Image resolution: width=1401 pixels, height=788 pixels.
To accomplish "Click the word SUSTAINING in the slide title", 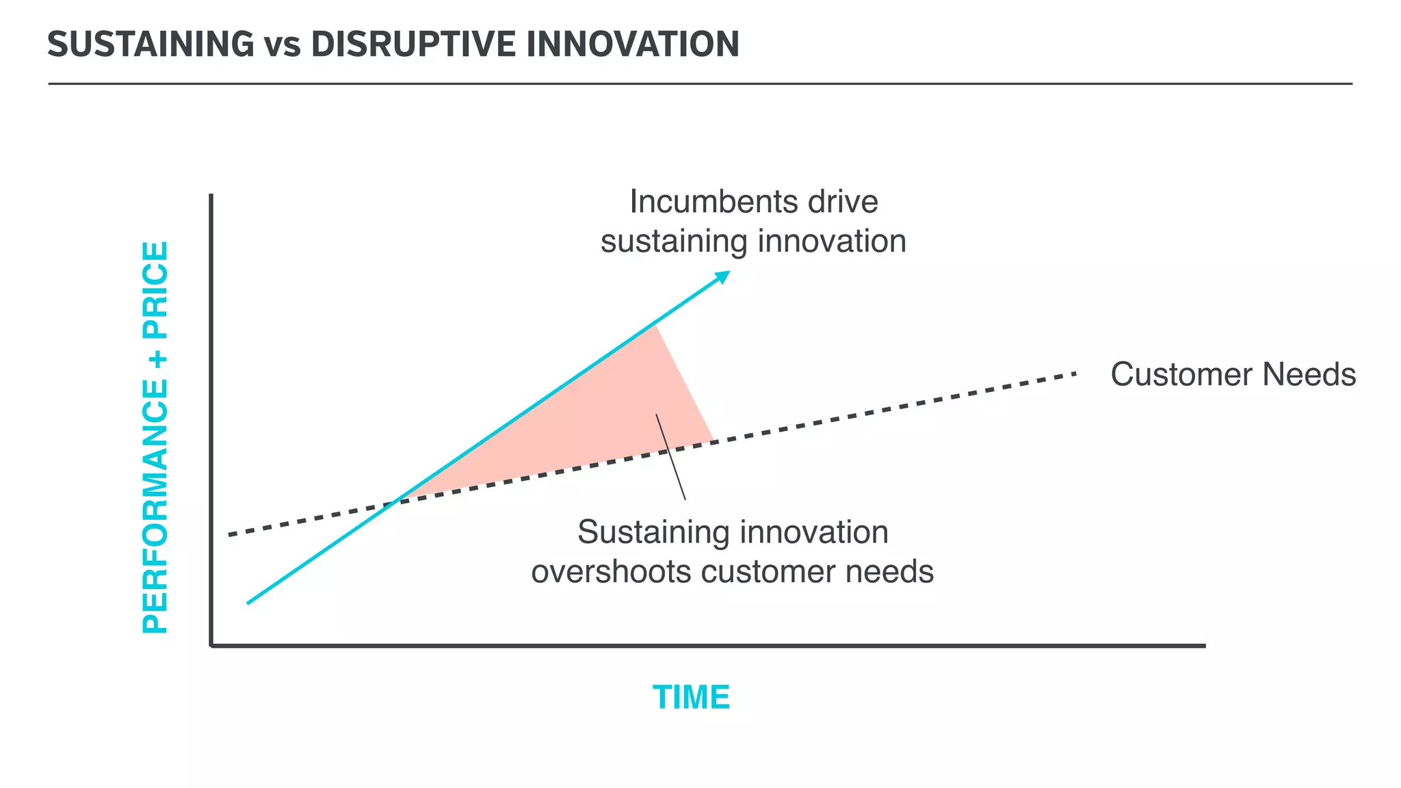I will pos(150,44).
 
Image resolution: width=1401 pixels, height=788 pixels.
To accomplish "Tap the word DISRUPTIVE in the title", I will pos(413,44).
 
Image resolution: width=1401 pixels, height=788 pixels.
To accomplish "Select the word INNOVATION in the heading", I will pos(633,44).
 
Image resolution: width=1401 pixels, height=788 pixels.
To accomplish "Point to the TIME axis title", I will pos(691,698).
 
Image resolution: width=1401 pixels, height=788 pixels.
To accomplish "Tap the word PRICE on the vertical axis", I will pos(155,290).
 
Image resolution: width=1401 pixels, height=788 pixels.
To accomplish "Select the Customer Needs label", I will pos(1233,375).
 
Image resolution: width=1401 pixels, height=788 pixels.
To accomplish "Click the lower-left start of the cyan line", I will pos(249,602).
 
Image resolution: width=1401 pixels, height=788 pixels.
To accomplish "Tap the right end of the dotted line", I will pos(1074,374).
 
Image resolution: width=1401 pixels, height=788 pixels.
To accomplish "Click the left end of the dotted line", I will pos(231,535).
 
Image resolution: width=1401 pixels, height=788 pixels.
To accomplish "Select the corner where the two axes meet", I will pos(211,645).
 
